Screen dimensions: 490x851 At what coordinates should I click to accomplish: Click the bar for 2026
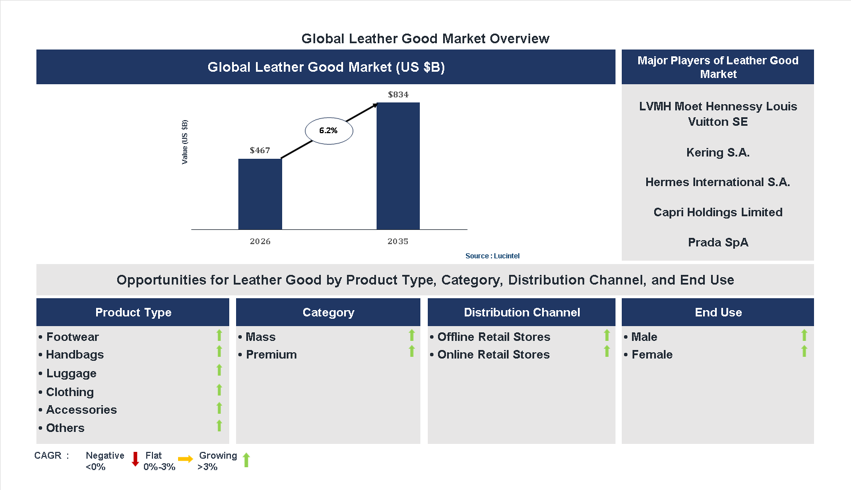[260, 194]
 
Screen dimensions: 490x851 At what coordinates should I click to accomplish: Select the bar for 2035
[398, 166]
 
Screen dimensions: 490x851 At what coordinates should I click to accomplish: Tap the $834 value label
[398, 94]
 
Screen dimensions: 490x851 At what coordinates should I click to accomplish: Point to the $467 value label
[260, 150]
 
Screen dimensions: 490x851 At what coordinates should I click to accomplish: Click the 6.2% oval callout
[329, 131]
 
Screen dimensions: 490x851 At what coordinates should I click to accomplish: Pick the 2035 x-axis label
[398, 241]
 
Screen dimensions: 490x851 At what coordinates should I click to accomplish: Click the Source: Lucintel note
[492, 256]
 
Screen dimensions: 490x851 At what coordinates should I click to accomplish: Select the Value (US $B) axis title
[185, 142]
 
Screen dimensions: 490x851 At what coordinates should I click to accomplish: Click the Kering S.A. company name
[718, 153]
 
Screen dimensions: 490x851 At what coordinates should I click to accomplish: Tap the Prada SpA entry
[718, 242]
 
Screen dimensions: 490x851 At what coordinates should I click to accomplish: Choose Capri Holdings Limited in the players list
[718, 212]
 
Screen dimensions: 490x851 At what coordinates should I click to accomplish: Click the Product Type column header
[133, 312]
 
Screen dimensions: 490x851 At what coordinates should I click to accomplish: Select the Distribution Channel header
[522, 312]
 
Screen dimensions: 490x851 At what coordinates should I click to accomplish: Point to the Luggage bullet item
[71, 373]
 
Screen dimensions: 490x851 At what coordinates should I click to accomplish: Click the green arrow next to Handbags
[219, 352]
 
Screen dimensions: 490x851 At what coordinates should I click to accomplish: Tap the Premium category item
[271, 355]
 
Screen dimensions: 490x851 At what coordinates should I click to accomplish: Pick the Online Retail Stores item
[493, 355]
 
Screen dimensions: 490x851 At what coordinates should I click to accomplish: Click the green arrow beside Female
[804, 352]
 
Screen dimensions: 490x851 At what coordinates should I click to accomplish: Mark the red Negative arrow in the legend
[135, 459]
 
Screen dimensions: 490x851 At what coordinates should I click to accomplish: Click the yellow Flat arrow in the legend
[185, 459]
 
